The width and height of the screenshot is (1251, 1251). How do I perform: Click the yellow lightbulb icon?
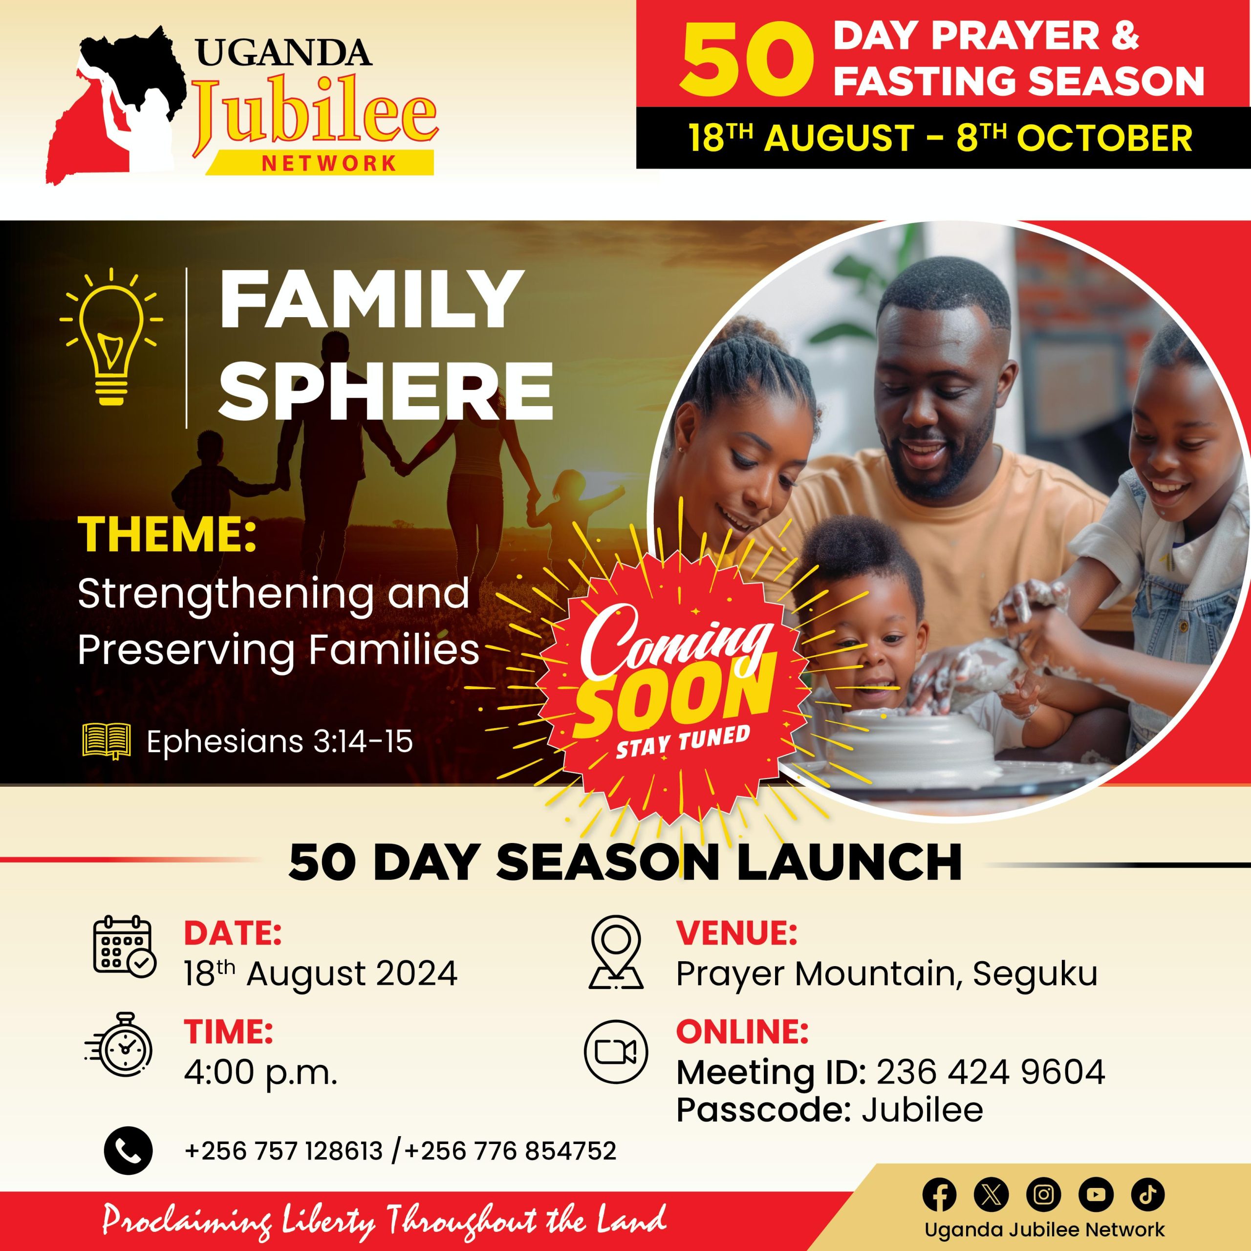111,336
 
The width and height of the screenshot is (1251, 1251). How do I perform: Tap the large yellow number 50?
746,60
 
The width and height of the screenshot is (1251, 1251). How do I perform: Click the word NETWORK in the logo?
329,163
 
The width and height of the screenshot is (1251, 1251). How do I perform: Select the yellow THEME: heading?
167,535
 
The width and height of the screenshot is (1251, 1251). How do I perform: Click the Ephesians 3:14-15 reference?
280,742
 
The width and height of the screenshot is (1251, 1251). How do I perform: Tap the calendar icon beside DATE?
124,947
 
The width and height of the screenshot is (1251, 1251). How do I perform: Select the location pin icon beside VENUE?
616,951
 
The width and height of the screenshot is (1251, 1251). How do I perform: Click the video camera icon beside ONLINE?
616,1052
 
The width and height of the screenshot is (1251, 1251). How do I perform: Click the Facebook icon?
939,1195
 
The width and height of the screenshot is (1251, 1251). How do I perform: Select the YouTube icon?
1096,1195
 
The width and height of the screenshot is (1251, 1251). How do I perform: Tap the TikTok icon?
1148,1195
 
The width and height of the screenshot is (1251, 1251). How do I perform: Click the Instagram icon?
1043,1195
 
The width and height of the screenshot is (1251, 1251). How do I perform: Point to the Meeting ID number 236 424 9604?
991,1072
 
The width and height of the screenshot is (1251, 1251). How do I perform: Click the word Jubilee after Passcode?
922,1110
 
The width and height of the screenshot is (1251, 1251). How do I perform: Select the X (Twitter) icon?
991,1195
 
